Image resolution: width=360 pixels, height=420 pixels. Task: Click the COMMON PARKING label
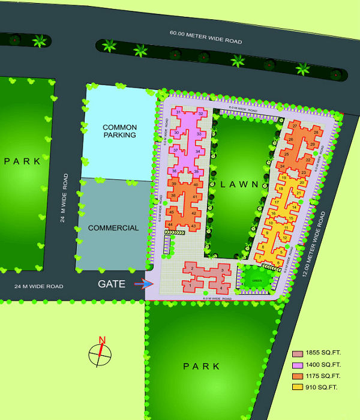[x=119, y=131]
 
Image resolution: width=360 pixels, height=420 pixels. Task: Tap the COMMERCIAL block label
[x=113, y=228]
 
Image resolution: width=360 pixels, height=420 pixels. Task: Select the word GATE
[x=112, y=284]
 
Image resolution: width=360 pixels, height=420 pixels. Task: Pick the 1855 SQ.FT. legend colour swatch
[x=296, y=353]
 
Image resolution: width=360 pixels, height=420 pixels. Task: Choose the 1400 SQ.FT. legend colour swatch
[x=296, y=364]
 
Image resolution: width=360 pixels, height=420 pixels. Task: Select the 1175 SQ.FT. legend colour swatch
[x=296, y=376]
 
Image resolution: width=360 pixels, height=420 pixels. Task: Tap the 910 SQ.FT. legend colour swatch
[x=296, y=387]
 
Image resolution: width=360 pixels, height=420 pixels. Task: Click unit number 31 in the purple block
[x=178, y=113]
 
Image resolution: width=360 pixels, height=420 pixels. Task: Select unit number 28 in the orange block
[x=316, y=132]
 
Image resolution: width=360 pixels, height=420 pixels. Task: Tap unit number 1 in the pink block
[x=191, y=286]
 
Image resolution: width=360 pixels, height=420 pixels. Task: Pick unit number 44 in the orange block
[x=170, y=224]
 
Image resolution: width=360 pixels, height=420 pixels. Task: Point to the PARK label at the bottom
[x=202, y=366]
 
